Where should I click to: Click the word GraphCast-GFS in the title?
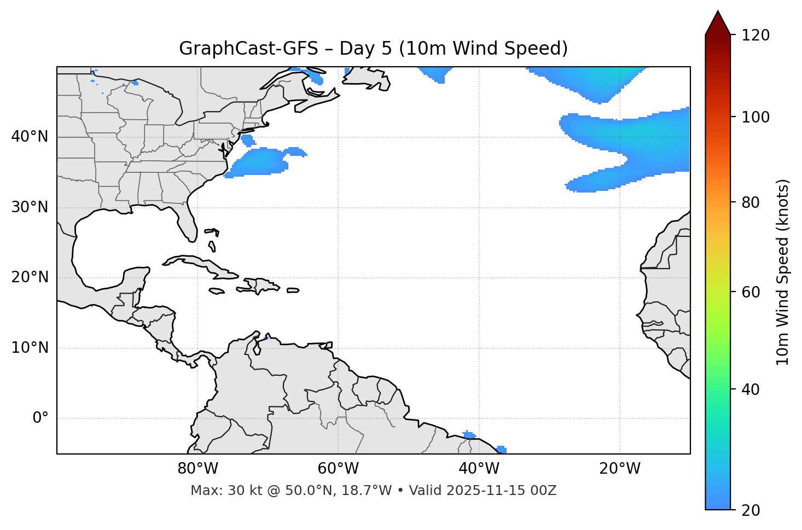[248, 49]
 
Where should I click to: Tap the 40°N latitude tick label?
[30, 137]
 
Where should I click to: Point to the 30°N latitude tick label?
[30, 207]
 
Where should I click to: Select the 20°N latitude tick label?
[30, 277]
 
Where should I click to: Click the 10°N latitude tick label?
[30, 348]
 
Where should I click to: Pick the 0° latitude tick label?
[40, 418]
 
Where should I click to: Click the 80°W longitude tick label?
[197, 469]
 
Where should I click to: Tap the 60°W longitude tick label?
[338, 469]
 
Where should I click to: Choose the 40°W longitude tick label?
[479, 469]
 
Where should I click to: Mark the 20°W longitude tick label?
[619, 469]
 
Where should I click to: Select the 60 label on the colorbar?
[753, 292]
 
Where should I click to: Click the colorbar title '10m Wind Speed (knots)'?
[783, 272]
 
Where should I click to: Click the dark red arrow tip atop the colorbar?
[718, 22]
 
